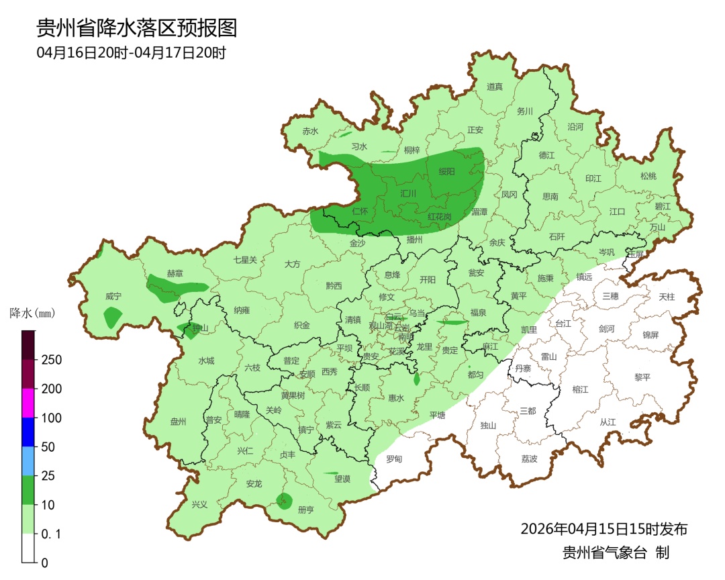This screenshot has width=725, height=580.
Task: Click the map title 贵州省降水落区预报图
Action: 137,28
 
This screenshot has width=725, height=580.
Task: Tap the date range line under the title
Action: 131,53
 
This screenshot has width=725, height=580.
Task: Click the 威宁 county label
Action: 113,296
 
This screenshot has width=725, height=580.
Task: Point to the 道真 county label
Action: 495,87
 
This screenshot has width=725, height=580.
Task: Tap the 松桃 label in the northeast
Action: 648,177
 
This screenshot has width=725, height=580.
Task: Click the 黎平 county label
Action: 642,377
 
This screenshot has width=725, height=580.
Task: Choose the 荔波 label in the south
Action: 529,459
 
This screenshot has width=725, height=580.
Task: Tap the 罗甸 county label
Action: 394,459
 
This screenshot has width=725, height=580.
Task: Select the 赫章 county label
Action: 175,274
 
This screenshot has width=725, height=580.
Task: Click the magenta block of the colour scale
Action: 28,403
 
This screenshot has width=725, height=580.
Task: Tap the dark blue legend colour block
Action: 28,432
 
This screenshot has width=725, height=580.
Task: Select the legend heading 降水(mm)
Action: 32,313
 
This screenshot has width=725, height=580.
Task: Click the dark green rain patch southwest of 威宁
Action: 113,317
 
